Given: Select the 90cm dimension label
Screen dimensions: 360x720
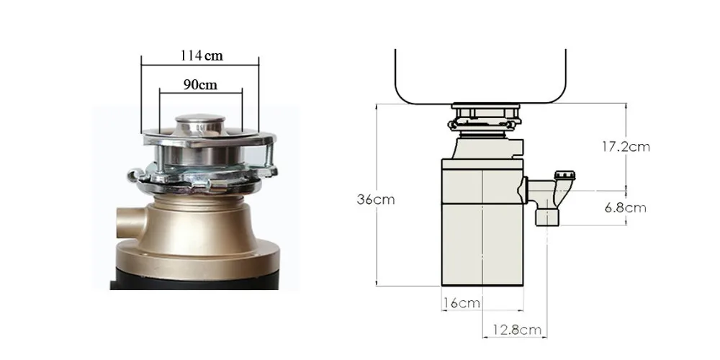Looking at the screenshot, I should [200, 84].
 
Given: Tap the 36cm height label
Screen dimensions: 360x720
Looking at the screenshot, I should [376, 199].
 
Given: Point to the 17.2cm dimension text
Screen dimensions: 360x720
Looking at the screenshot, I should [626, 146].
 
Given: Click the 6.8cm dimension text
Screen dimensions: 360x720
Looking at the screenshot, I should [624, 208].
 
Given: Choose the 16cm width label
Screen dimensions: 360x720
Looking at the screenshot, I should [462, 303].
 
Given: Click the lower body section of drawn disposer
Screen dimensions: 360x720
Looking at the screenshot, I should [480, 245].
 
